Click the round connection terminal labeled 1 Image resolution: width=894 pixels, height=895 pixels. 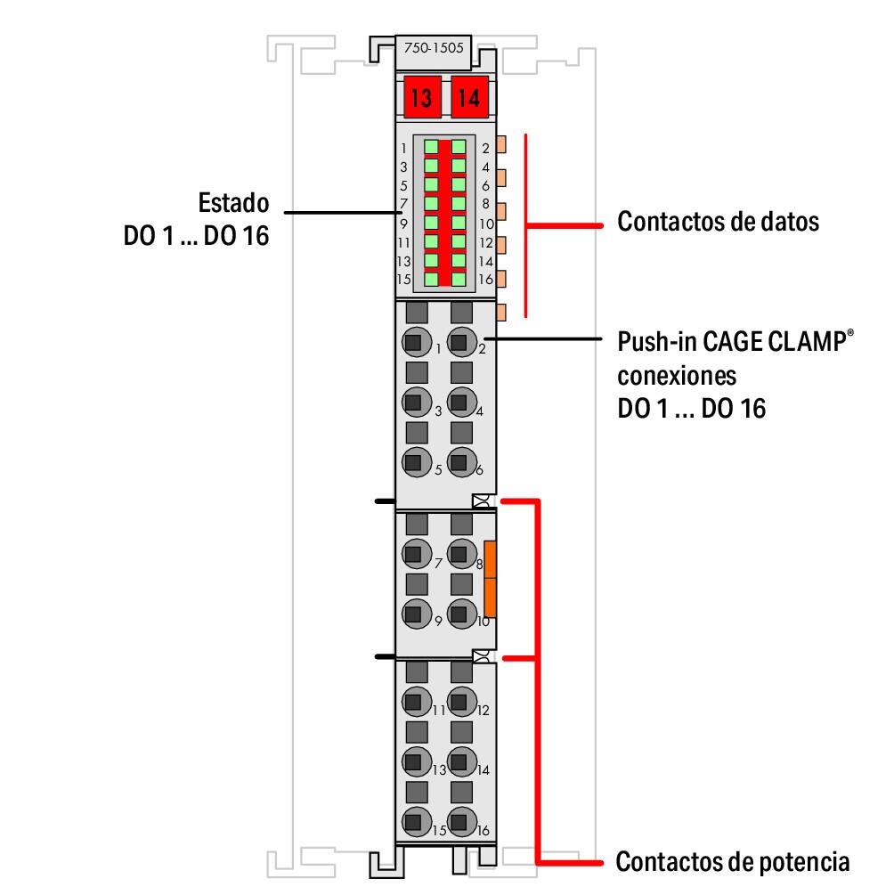coord(413,340)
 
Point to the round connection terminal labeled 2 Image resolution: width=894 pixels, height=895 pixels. coord(459,340)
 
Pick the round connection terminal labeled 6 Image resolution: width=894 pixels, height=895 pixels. coord(459,462)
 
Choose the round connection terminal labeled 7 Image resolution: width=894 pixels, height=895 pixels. coord(413,555)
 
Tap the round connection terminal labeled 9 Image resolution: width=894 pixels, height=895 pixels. coord(413,613)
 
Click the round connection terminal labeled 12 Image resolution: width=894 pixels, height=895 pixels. coord(459,702)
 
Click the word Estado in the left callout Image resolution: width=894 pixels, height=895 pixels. coord(233,203)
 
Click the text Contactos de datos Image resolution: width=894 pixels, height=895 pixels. coord(718,222)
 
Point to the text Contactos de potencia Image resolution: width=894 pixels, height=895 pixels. coord(732,862)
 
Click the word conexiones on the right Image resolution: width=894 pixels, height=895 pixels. coord(676,375)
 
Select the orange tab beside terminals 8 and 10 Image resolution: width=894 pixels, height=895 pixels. coord(489,578)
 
